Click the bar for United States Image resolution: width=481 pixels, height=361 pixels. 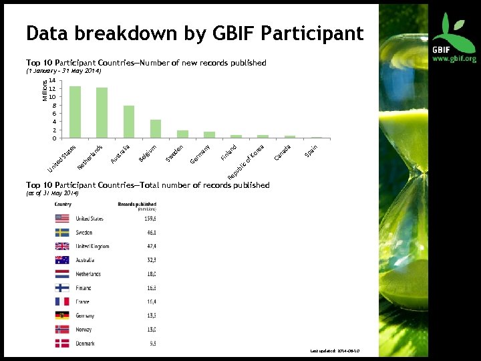75,112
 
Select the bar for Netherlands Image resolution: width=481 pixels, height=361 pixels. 102,113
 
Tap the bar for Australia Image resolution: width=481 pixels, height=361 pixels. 129,122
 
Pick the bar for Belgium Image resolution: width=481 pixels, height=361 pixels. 156,129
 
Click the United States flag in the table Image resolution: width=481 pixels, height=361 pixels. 62,219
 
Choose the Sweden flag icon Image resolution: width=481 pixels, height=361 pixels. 62,233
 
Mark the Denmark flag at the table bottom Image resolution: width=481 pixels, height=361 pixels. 62,343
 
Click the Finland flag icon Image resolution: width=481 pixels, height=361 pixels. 62,288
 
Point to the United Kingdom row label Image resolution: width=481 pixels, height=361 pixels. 92,246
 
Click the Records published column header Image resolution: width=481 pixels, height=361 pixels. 137,203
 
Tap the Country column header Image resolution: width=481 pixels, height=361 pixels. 63,203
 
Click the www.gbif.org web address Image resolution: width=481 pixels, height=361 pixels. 454,59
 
